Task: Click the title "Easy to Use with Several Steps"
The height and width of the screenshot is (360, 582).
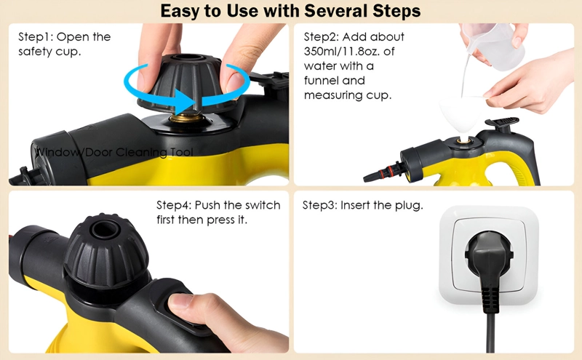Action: tap(290, 11)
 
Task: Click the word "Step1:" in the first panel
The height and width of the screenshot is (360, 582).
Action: tap(36, 37)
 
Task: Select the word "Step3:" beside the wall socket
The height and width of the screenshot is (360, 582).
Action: tap(319, 205)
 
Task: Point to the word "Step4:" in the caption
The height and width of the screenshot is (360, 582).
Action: tap(174, 205)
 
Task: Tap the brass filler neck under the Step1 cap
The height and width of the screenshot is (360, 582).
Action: tap(187, 119)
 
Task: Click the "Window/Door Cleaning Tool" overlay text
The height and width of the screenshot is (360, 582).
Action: tap(113, 152)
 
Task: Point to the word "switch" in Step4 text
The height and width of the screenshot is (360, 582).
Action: tap(263, 205)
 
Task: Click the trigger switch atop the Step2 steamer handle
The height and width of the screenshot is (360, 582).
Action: tap(502, 122)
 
